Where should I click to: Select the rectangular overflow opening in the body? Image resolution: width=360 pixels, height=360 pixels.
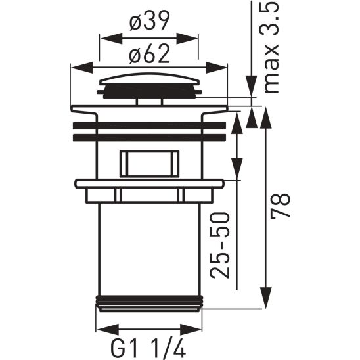click(x=150, y=162)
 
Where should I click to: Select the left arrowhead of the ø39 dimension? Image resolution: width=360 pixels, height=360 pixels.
click(x=104, y=36)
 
